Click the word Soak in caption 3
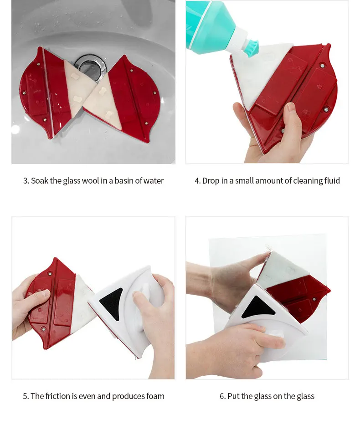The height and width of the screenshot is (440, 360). pyautogui.click(x=40, y=181)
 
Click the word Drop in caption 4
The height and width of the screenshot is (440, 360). pyautogui.click(x=211, y=181)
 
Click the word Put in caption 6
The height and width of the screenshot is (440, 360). pyautogui.click(x=233, y=396)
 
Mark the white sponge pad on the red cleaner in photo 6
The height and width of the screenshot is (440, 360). pyautogui.click(x=283, y=269)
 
